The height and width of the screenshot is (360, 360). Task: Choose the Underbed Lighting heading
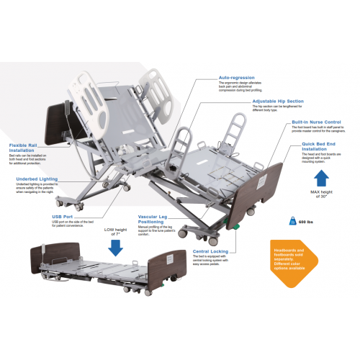tap(34, 179)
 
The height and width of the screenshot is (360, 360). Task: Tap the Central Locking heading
tap(211, 252)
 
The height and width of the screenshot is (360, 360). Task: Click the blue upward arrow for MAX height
tap(321, 179)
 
